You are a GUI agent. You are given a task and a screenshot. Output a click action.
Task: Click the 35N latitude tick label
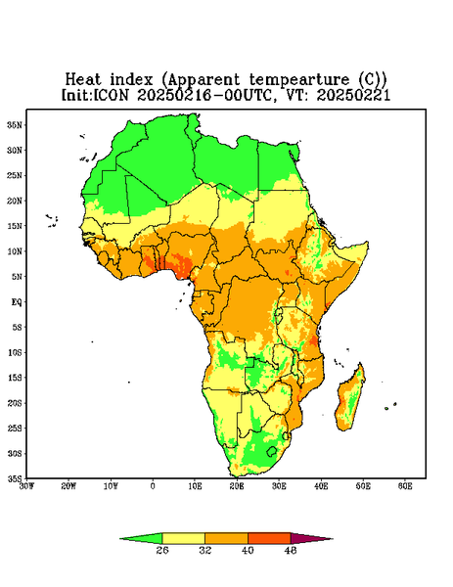coord(15,124)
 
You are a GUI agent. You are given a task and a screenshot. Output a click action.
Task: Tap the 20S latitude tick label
coord(15,403)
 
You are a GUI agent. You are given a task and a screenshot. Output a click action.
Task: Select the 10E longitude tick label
coord(195,486)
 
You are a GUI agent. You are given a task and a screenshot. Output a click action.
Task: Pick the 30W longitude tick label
coord(26,486)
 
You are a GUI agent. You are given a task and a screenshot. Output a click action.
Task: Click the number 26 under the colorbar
coord(162,550)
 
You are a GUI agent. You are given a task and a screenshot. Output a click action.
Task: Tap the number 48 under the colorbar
coord(291,550)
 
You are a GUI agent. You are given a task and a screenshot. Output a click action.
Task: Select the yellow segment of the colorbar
coord(183,538)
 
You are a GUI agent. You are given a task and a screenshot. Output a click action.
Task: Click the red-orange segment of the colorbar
coord(269,538)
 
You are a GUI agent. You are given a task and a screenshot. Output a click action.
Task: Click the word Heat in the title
coord(83,80)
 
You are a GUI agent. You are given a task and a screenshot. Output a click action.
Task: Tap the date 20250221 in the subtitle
coord(353,95)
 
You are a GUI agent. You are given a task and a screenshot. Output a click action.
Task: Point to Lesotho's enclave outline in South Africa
coord(272,451)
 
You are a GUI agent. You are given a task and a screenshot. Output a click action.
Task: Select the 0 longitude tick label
coord(153,486)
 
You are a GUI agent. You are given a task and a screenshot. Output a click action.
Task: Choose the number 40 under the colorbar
coord(248,550)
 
